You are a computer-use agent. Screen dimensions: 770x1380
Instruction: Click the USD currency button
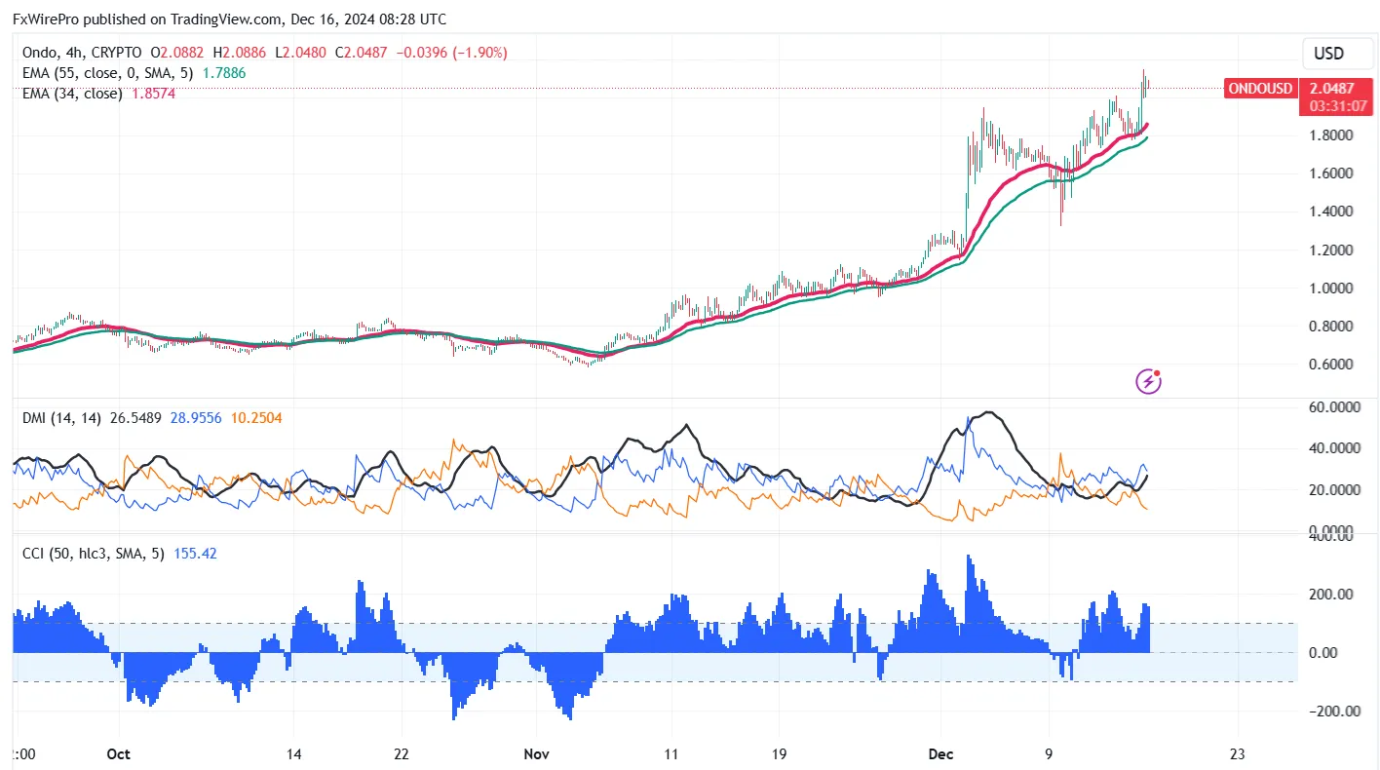[1328, 54]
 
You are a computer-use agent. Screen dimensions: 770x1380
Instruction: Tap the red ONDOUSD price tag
[1260, 89]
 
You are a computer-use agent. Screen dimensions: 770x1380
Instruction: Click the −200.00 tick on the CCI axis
[1332, 712]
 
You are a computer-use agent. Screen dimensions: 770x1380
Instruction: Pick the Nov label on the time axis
[535, 753]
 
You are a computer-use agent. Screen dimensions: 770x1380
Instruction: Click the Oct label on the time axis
[118, 753]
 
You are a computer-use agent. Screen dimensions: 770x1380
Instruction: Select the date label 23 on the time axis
[1238, 753]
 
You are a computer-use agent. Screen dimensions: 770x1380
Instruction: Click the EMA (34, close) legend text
[73, 94]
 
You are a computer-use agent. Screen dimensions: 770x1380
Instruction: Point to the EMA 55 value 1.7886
[224, 72]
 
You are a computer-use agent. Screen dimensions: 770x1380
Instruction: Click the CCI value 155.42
[195, 554]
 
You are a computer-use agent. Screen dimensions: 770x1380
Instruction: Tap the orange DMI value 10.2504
[263, 418]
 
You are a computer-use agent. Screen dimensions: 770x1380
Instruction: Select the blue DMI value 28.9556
[196, 418]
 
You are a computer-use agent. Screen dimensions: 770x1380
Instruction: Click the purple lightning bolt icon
[1149, 381]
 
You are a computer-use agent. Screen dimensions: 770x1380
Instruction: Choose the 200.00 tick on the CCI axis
[1334, 595]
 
